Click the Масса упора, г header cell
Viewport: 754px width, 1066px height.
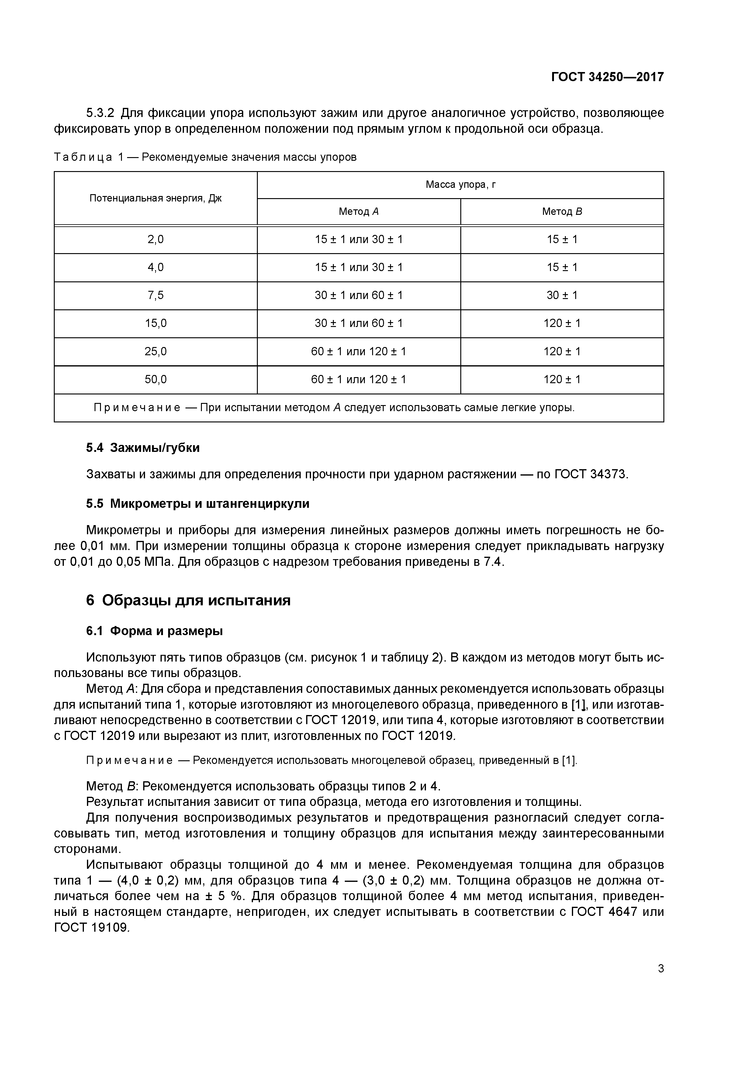tap(460, 185)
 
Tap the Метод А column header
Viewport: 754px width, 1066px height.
tap(359, 212)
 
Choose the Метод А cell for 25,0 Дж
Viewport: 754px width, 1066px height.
tap(359, 352)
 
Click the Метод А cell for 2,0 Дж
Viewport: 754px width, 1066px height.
tap(359, 239)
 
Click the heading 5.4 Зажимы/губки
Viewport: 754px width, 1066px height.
tap(143, 448)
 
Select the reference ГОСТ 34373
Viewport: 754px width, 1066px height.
tap(591, 474)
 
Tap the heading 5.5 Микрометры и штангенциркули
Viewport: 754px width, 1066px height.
tap(197, 504)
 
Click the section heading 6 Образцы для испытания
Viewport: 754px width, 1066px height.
tap(188, 600)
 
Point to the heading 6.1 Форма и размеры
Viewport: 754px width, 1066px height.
tap(154, 631)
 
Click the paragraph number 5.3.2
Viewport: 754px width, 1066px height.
tap(100, 113)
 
